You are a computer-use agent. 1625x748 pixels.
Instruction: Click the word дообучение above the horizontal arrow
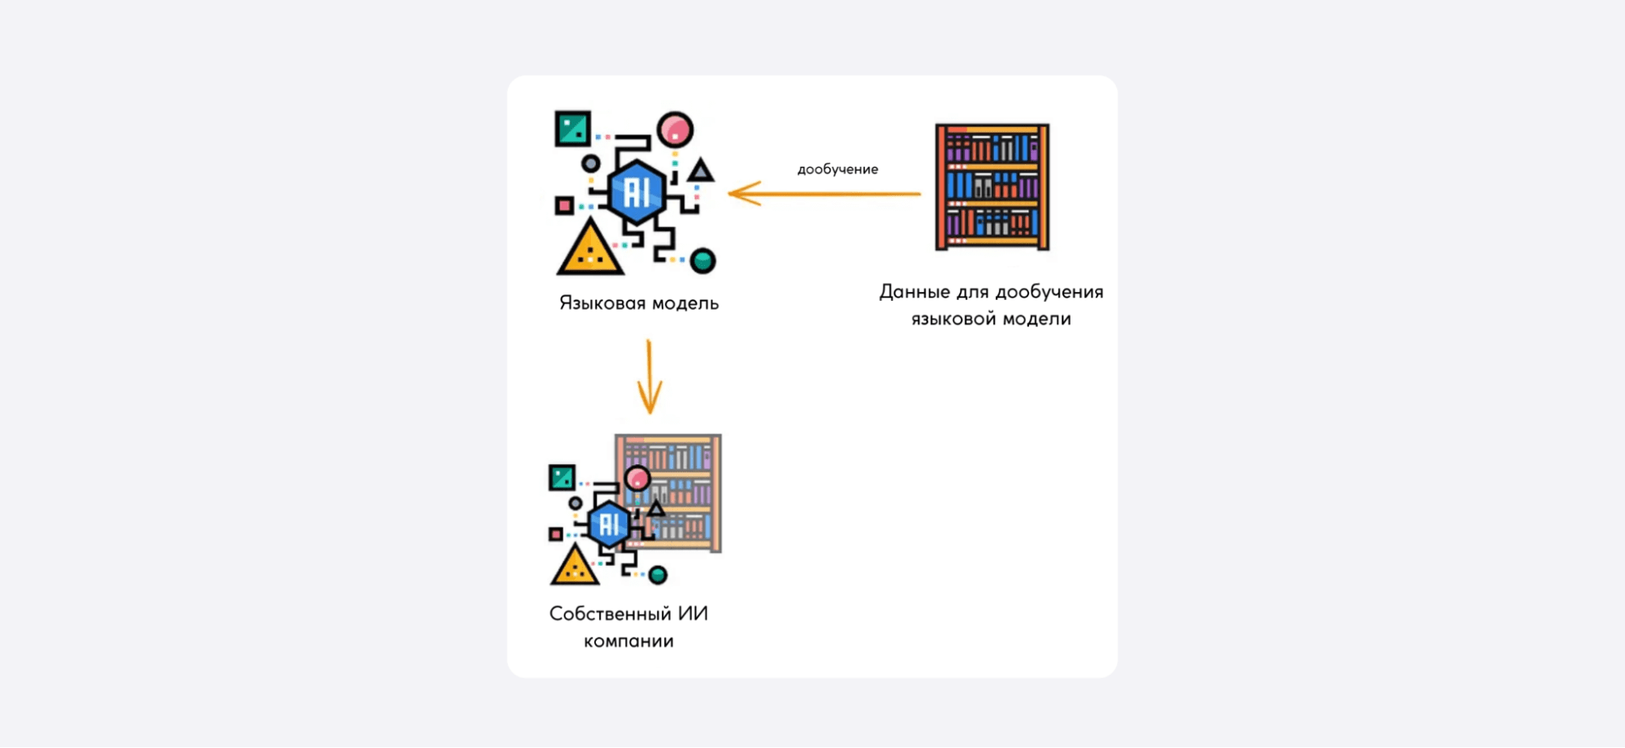pyautogui.click(x=837, y=169)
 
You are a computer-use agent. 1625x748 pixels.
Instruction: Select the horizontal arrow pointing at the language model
pyautogui.click(x=824, y=194)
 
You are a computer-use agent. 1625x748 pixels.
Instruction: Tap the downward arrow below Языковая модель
pyautogui.click(x=649, y=377)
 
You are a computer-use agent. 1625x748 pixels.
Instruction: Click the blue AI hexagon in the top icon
pyautogui.click(x=637, y=193)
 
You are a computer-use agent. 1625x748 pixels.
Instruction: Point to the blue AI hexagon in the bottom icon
pyautogui.click(x=609, y=524)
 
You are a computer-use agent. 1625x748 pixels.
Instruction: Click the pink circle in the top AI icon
pyautogui.click(x=675, y=129)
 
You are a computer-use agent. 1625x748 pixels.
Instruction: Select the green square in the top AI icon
pyautogui.click(x=572, y=128)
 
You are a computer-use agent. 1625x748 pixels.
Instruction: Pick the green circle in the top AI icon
pyautogui.click(x=702, y=261)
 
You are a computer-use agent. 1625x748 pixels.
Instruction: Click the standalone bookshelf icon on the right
pyautogui.click(x=992, y=187)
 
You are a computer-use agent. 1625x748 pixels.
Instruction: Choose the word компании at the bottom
pyautogui.click(x=628, y=641)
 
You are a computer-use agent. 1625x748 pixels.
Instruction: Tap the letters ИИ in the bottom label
pyautogui.click(x=693, y=614)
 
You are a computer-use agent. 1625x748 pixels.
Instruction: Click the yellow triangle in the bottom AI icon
pyautogui.click(x=575, y=567)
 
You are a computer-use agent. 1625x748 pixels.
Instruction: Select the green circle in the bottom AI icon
pyautogui.click(x=658, y=576)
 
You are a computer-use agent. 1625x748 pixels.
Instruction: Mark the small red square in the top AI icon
pyautogui.click(x=564, y=206)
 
